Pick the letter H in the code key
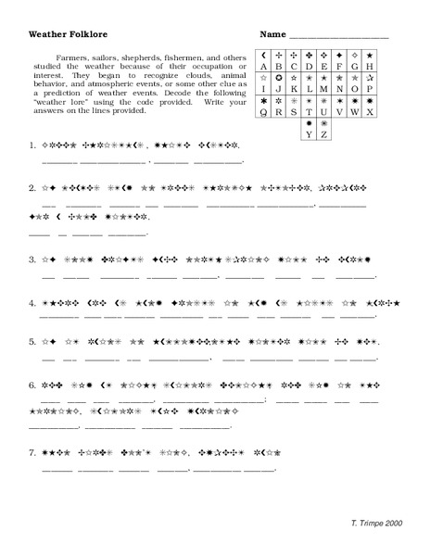(x=369, y=67)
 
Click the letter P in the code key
(x=369, y=90)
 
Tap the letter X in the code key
(x=369, y=112)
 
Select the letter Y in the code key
(x=309, y=134)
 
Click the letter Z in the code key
(x=324, y=134)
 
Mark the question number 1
(x=32, y=145)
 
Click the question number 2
(x=32, y=186)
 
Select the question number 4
(x=32, y=302)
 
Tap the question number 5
(x=32, y=342)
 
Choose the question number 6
(x=32, y=383)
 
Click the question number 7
(x=32, y=453)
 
